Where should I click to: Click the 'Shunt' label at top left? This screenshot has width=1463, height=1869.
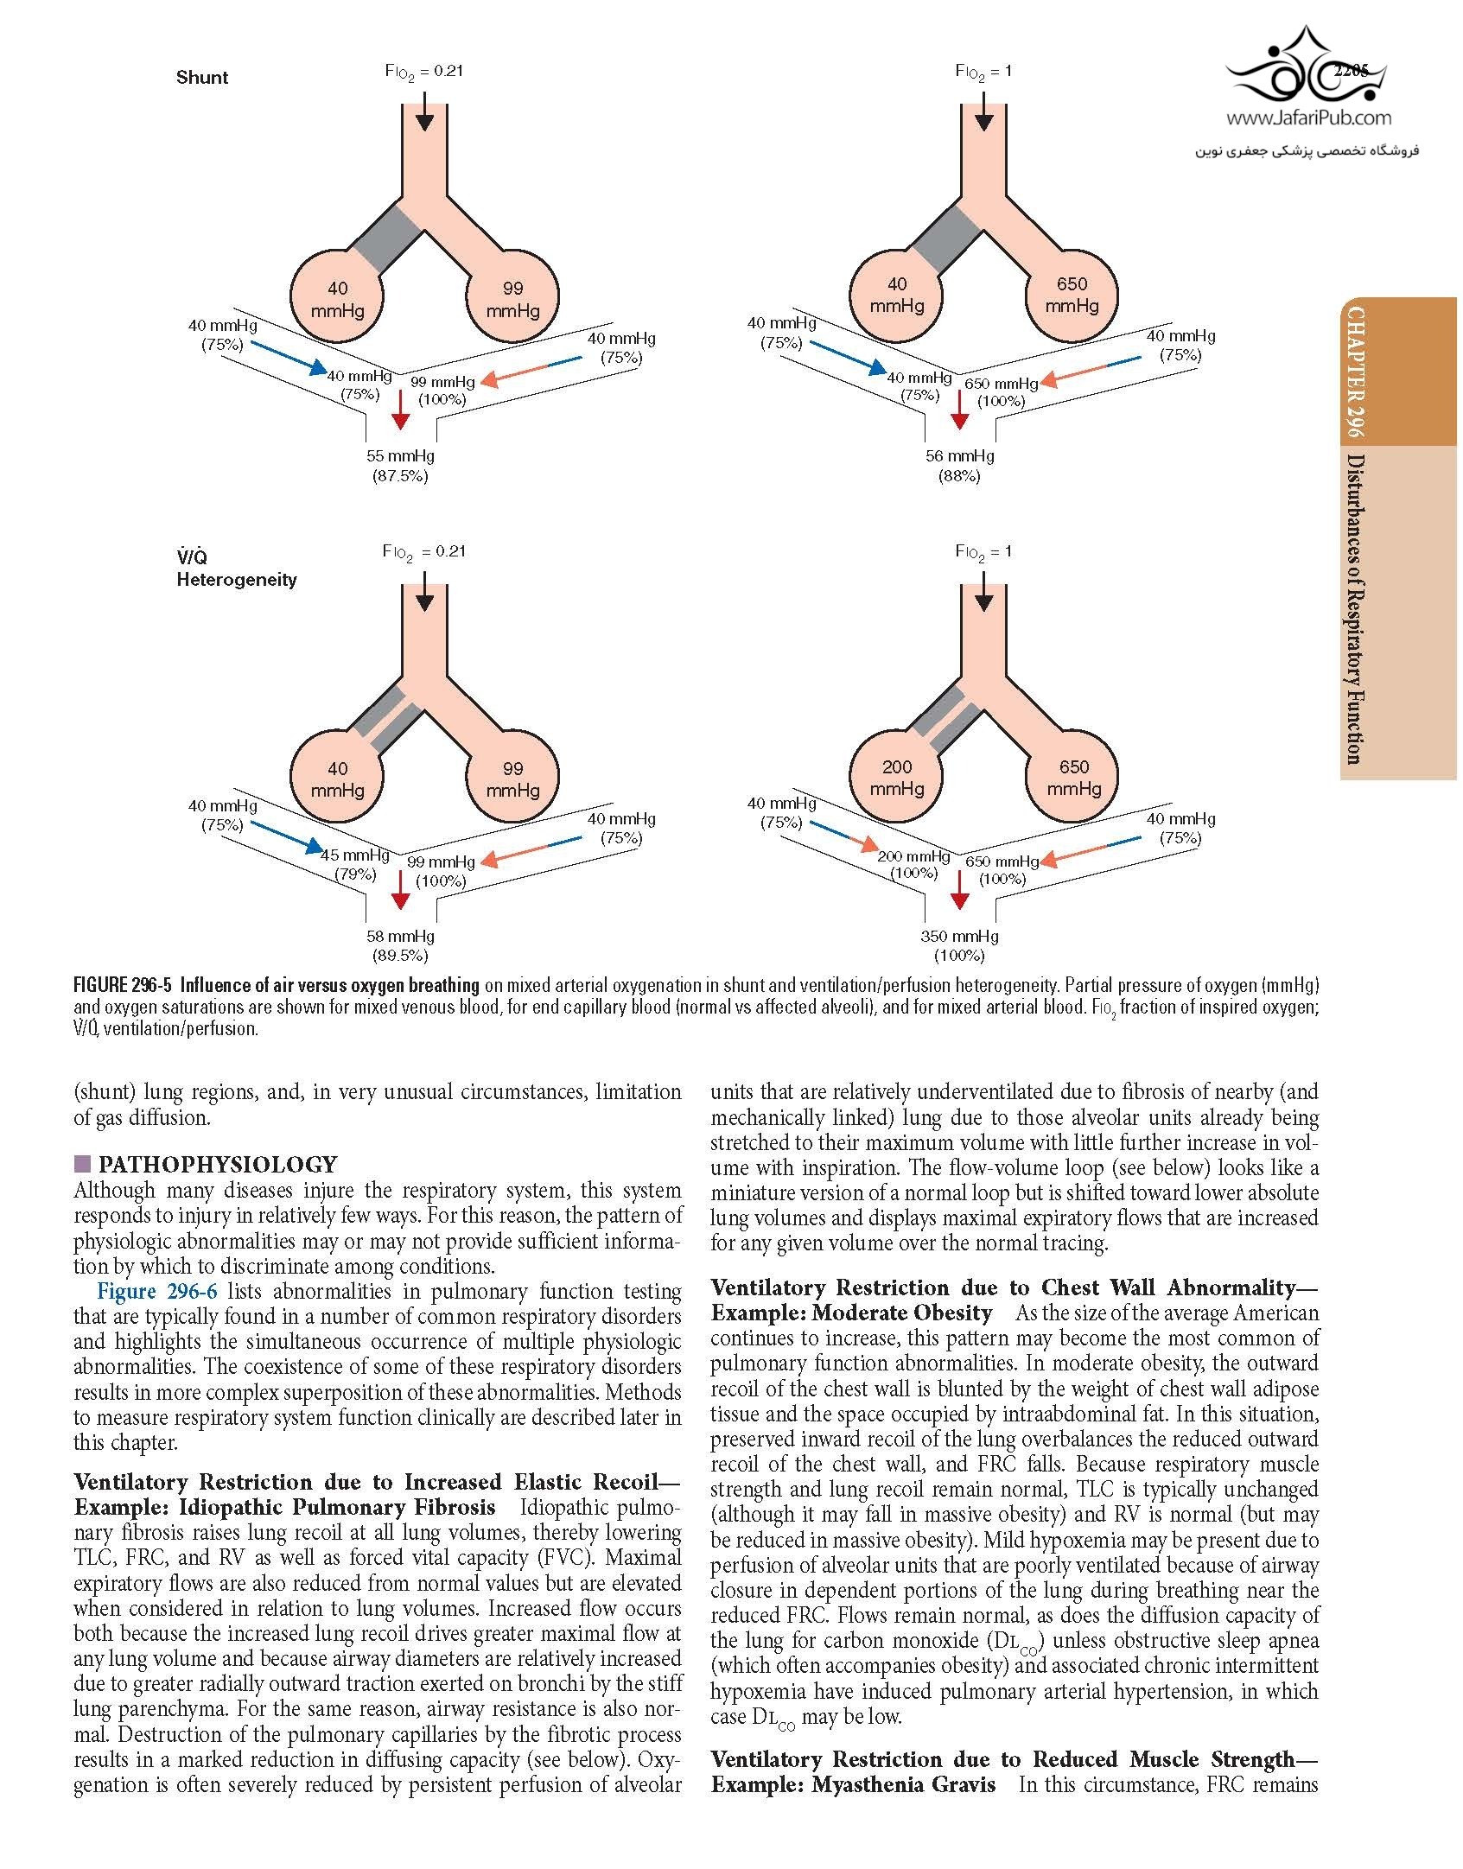202,78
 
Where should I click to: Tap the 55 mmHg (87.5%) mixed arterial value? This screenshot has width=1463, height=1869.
400,466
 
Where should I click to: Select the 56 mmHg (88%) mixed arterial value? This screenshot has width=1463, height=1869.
959,466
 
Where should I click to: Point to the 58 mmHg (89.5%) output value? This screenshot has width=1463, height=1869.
400,945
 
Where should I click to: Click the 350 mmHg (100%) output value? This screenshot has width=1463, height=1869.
959,945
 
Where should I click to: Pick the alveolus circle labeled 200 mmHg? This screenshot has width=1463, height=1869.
897,778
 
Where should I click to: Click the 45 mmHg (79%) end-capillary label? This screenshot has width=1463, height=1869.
355,864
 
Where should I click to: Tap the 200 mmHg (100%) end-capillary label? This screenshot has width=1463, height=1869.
914,864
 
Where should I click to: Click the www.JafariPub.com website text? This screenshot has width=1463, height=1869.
1308,118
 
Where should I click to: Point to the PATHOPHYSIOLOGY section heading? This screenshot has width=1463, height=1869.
218,1164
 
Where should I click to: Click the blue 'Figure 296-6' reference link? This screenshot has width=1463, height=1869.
157,1291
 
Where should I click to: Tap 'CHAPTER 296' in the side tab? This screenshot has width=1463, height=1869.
1353,372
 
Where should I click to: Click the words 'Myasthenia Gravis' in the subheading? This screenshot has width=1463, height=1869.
903,1783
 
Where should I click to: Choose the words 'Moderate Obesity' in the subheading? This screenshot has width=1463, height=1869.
902,1313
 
